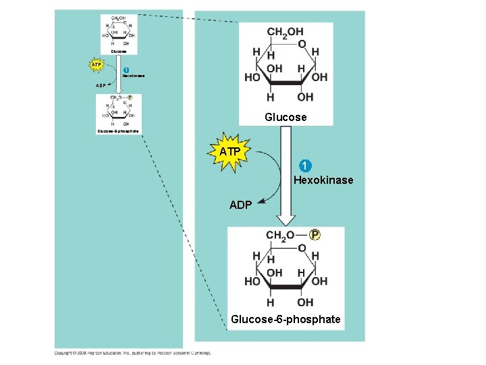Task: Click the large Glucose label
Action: coord(286,117)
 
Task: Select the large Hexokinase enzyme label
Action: coord(323,180)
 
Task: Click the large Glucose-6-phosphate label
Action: coord(286,319)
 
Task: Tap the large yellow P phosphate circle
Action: coord(315,235)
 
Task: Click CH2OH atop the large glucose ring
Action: coord(285,32)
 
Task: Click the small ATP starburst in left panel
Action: coord(97,66)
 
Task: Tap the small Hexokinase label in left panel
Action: coord(133,76)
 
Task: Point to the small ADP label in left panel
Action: coord(100,86)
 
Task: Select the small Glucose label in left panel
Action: coord(119,51)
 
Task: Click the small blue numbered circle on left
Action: coord(126,70)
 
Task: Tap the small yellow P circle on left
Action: coord(130,97)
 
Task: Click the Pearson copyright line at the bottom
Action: coord(132,352)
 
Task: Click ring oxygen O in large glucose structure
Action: coord(302,44)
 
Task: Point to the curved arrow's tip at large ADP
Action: coord(260,199)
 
